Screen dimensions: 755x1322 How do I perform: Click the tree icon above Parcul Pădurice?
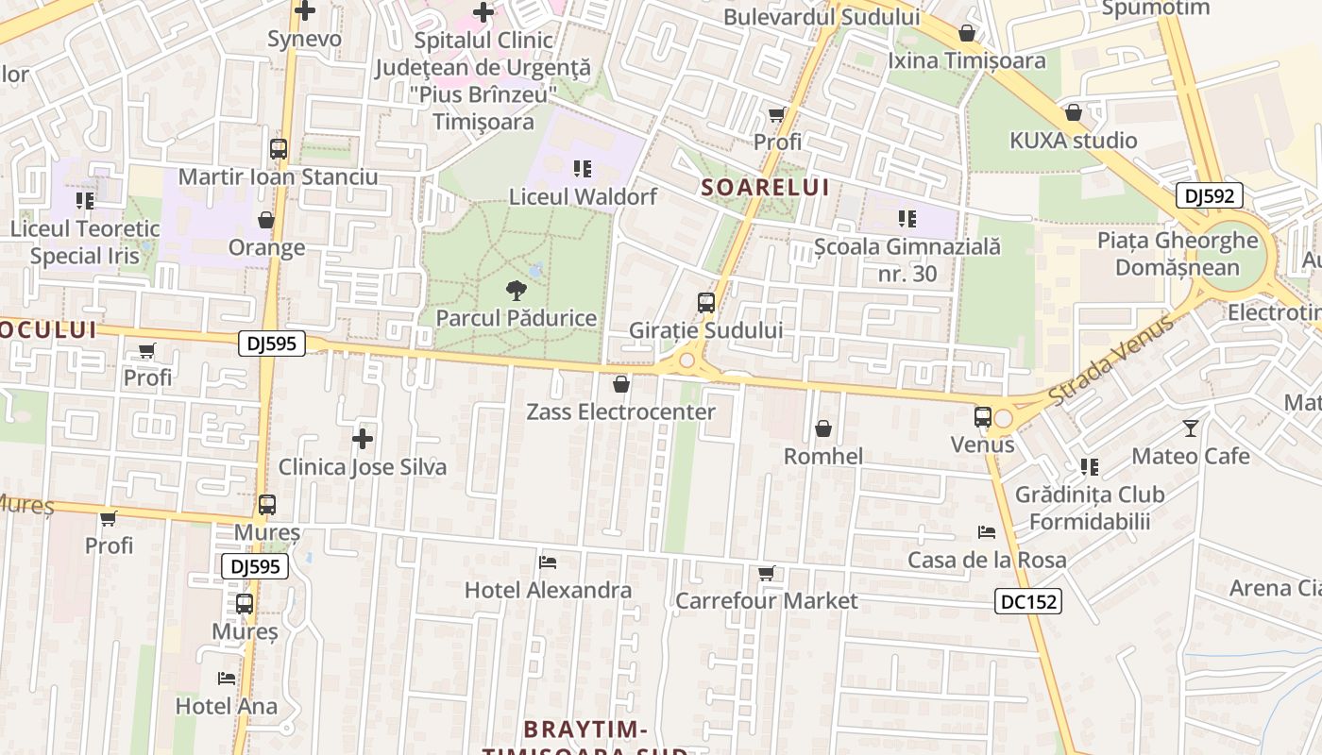[x=516, y=291]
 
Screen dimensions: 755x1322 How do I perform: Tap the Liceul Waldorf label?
[x=583, y=197]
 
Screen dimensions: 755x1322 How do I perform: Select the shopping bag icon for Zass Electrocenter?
[x=620, y=384]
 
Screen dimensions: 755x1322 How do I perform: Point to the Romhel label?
[x=823, y=457]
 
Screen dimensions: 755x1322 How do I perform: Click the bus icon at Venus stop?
[x=983, y=417]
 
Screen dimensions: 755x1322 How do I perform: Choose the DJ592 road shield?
[x=1209, y=196]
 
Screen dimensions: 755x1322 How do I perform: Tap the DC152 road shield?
[x=1028, y=601]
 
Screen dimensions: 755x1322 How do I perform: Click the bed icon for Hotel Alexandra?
[x=548, y=563]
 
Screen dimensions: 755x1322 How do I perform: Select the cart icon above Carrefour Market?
[x=767, y=574]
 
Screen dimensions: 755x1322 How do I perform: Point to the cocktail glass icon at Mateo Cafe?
[x=1190, y=428]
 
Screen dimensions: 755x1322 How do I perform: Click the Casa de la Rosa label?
[x=987, y=561]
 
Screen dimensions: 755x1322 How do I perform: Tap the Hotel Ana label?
[x=227, y=706]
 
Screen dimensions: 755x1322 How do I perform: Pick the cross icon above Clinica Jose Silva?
[x=362, y=439]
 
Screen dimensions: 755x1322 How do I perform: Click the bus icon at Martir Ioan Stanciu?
[x=278, y=149]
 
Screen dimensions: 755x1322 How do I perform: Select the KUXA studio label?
[x=1074, y=142]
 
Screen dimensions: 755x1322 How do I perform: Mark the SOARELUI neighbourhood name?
[x=766, y=187]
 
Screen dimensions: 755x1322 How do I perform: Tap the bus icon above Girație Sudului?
[x=705, y=303]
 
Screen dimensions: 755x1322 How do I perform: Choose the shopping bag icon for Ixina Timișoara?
[x=967, y=34]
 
